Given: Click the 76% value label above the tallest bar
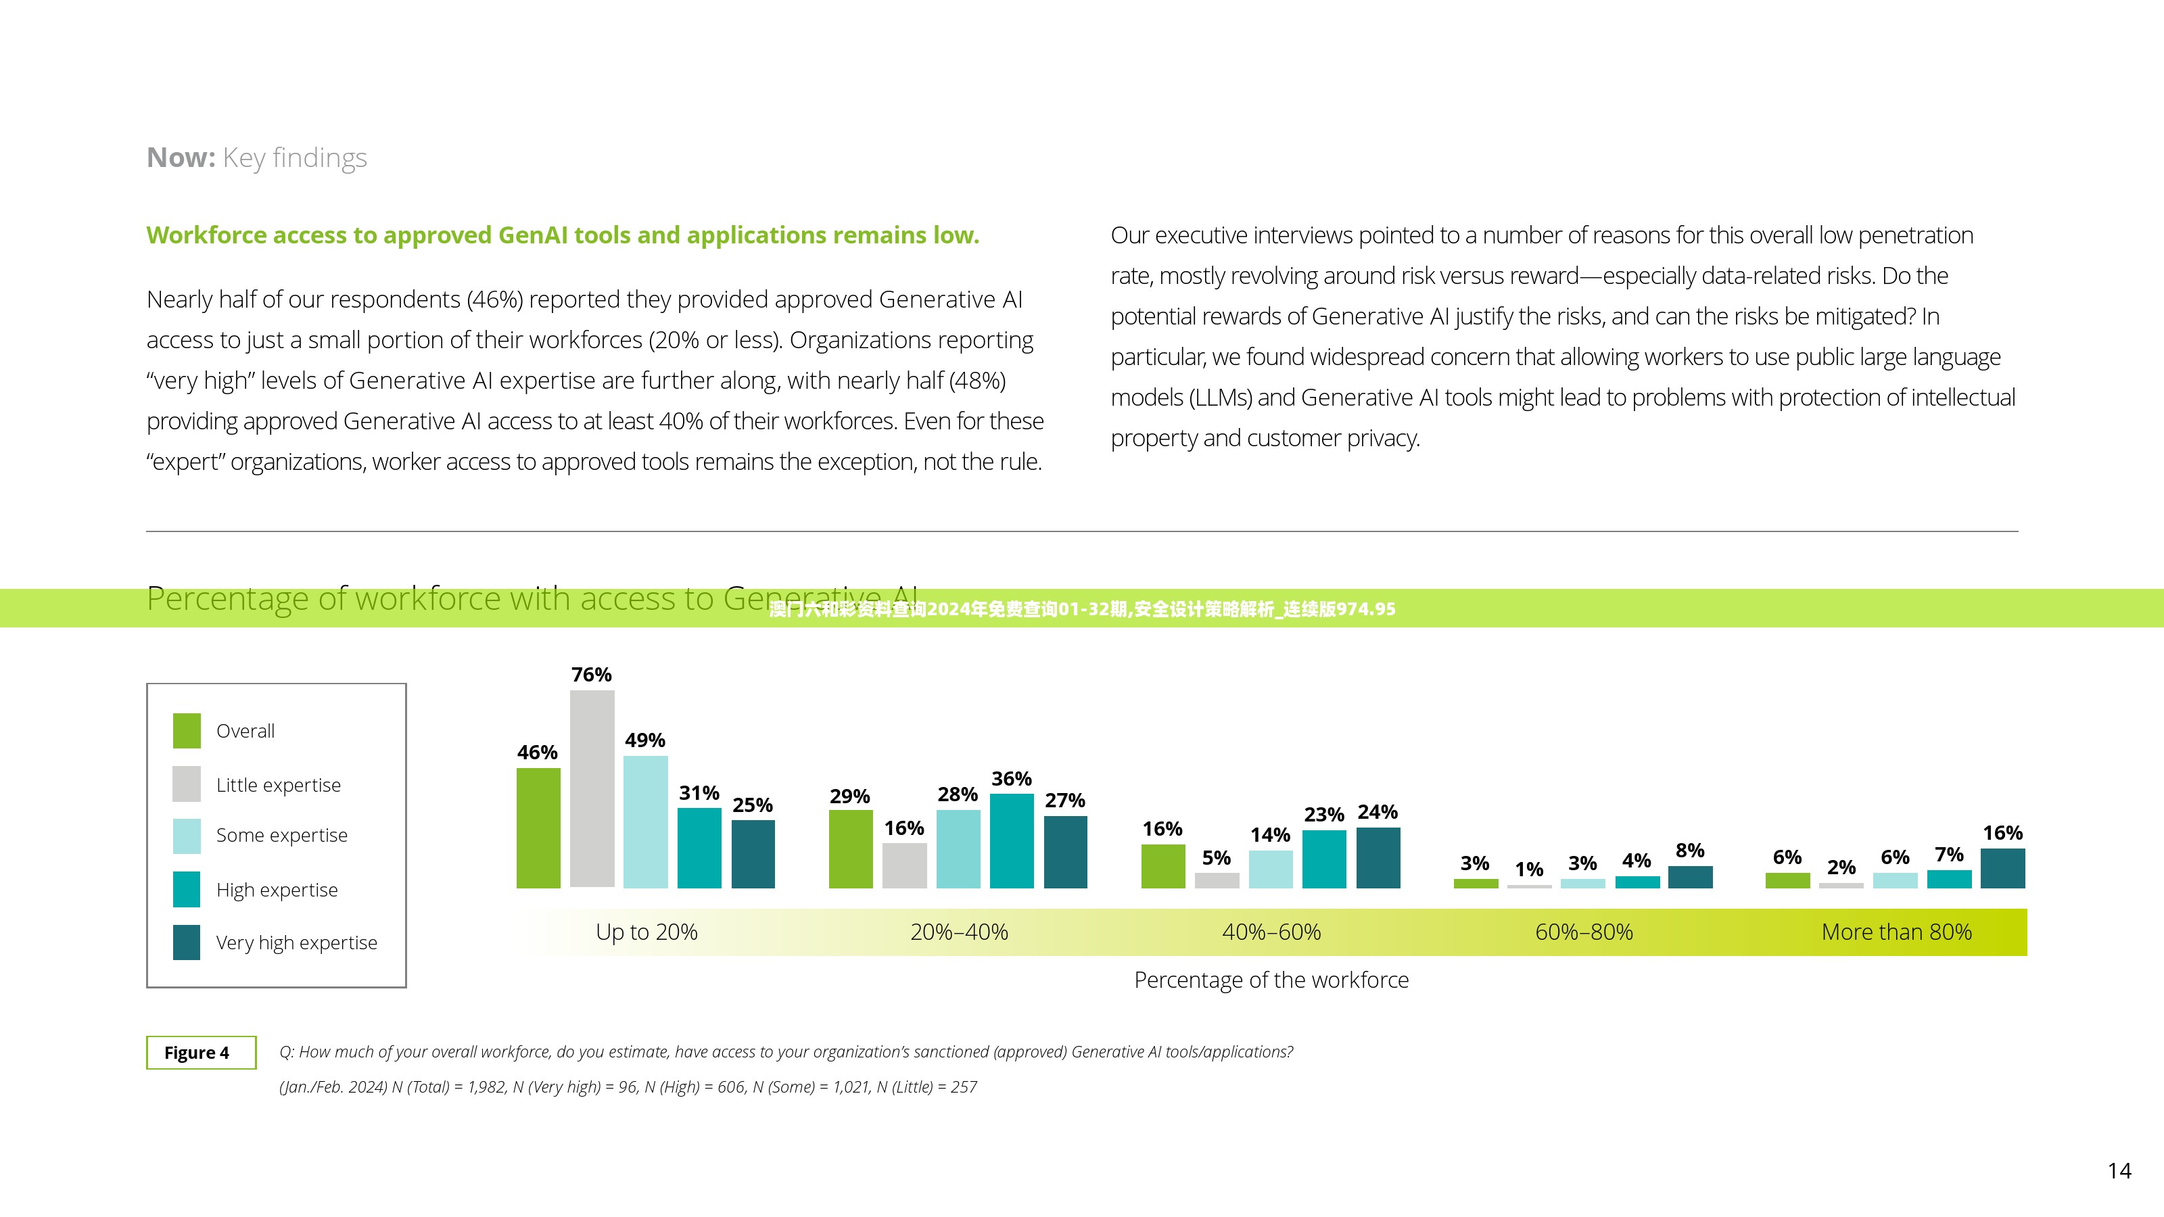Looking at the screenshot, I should (592, 675).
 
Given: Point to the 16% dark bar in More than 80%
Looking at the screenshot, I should (2002, 867).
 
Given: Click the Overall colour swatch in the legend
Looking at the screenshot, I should (187, 731).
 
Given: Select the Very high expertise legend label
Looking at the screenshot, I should (297, 942).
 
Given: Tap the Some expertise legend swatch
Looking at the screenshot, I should (187, 836).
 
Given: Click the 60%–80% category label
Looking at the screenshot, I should (1584, 932).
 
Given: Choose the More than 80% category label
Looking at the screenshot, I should (1896, 932).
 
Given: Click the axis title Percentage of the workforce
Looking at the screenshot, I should (1271, 980).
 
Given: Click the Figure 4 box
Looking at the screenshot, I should (201, 1053).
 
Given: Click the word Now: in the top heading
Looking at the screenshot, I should (181, 158).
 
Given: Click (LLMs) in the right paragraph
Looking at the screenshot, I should (1221, 398).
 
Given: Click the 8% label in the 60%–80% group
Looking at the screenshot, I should (1689, 850).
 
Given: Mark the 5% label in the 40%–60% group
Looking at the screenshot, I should (1216, 857).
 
